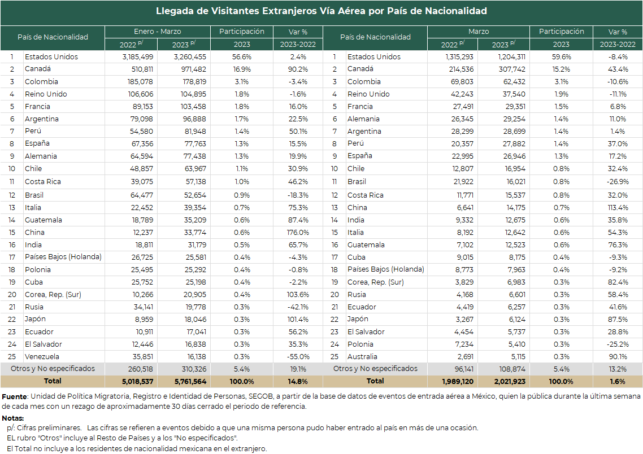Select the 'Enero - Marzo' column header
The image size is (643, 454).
point(158,32)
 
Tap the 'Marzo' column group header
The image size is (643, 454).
point(479,32)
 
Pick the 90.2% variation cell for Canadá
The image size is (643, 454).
point(298,69)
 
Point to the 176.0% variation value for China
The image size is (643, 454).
point(298,232)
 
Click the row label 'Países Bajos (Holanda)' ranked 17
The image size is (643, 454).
point(63,257)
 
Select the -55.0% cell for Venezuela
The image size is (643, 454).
point(298,356)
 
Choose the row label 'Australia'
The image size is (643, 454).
point(362,356)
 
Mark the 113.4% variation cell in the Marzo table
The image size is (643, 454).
point(618,208)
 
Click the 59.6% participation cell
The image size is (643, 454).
point(561,57)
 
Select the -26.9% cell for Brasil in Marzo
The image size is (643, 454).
point(618,181)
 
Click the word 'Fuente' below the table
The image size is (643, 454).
point(14,396)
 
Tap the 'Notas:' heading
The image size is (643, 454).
point(12,418)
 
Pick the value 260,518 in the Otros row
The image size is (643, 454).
point(140,369)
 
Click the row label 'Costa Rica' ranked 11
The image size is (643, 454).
point(42,181)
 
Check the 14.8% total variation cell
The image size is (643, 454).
point(298,382)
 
